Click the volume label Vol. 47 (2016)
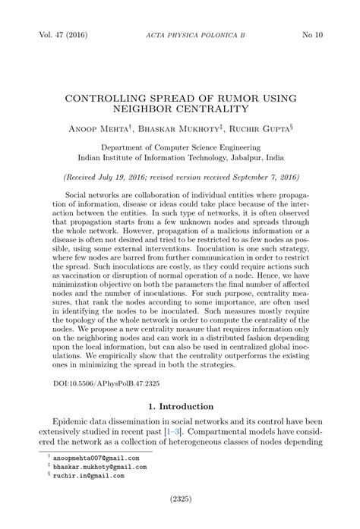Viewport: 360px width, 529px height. click(58, 36)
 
